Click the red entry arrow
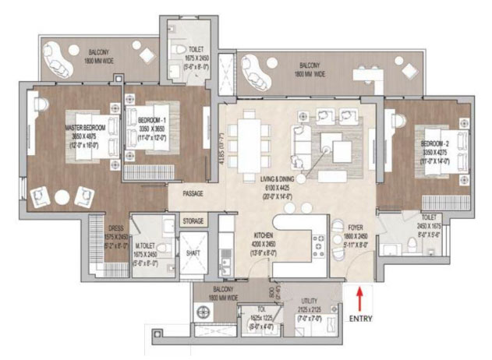pos(359,300)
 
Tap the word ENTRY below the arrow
pos(359,319)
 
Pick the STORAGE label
pos(193,221)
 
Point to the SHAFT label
pos(193,253)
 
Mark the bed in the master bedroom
pos(75,143)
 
